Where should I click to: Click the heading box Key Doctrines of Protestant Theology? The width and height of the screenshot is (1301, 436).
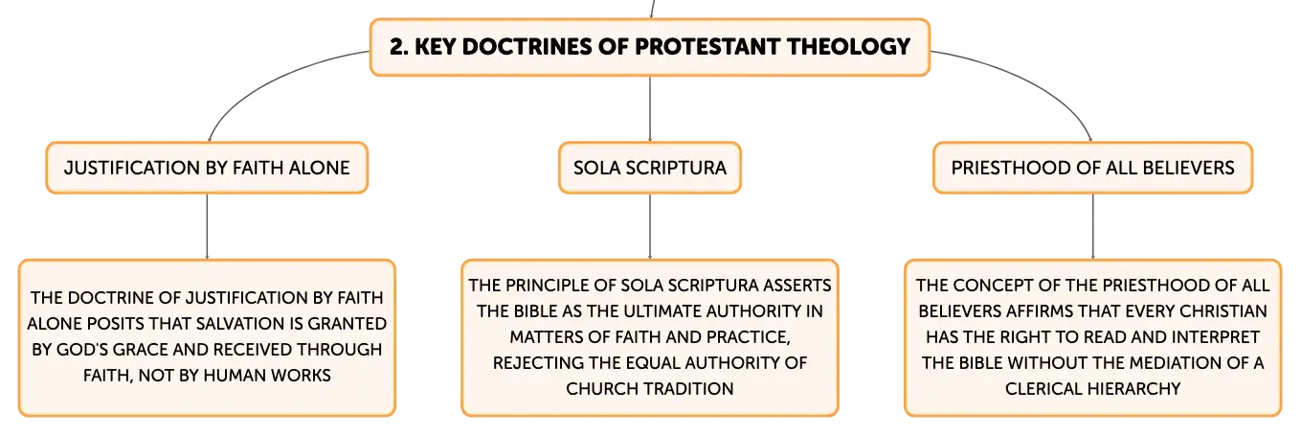(650, 47)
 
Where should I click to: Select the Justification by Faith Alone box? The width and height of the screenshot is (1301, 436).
(208, 168)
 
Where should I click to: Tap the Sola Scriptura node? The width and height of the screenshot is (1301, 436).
(650, 168)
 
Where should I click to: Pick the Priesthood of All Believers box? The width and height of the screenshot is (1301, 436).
(1092, 168)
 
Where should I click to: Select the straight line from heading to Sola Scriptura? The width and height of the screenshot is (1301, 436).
(650, 109)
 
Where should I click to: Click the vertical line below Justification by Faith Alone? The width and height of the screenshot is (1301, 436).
(208, 226)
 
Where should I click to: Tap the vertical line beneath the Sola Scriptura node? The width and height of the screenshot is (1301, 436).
(650, 226)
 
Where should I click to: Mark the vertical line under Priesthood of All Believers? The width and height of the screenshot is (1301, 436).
(1093, 226)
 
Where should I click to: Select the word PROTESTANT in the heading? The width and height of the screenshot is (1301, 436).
(707, 47)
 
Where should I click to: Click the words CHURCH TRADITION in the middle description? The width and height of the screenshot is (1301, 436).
(650, 388)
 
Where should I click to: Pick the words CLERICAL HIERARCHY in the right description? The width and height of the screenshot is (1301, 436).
(1092, 388)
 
